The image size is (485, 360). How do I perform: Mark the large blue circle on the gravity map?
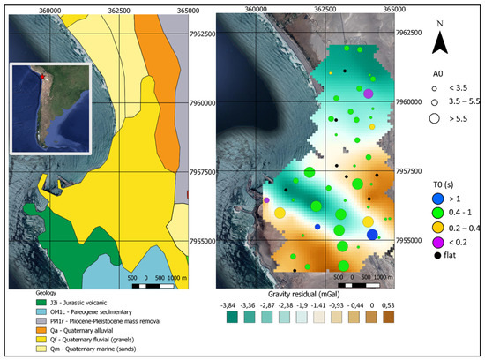(372, 234)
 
